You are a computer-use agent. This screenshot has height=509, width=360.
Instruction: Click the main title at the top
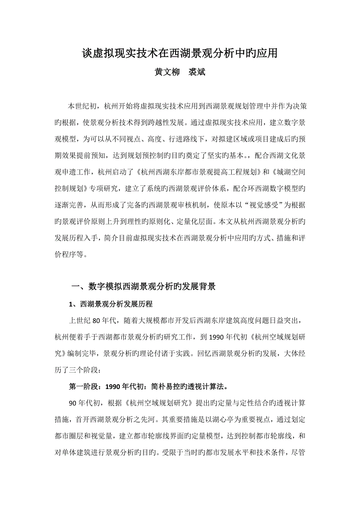(180, 54)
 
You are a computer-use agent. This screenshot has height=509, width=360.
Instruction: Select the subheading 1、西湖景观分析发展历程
(110, 304)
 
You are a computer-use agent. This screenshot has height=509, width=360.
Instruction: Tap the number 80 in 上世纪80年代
(97, 321)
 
